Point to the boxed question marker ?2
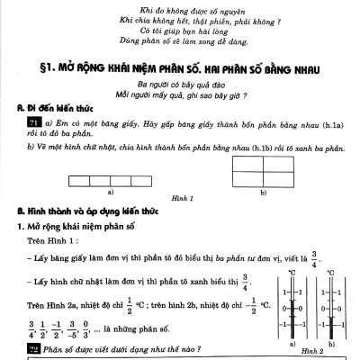[x=34, y=347]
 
